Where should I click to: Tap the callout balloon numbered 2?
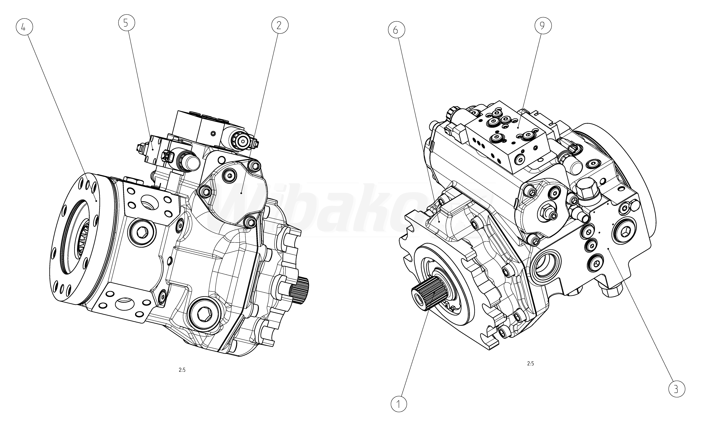point(280,26)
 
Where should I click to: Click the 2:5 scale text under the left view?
point(182,370)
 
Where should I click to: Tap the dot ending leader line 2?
point(241,193)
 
